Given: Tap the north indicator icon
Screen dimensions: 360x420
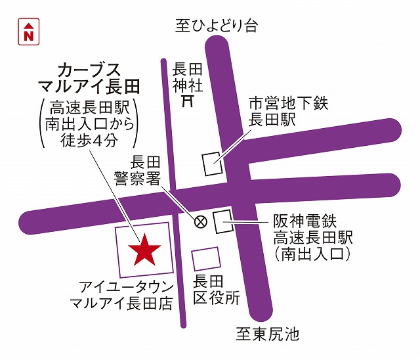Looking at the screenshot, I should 28,32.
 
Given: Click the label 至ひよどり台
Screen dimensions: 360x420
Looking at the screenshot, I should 217,26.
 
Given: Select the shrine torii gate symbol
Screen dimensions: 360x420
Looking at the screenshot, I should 188,101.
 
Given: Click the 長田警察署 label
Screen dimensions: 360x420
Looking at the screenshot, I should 146,169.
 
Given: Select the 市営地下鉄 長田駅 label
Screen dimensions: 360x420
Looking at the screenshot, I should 283,111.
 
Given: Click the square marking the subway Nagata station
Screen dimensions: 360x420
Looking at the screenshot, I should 213,163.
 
